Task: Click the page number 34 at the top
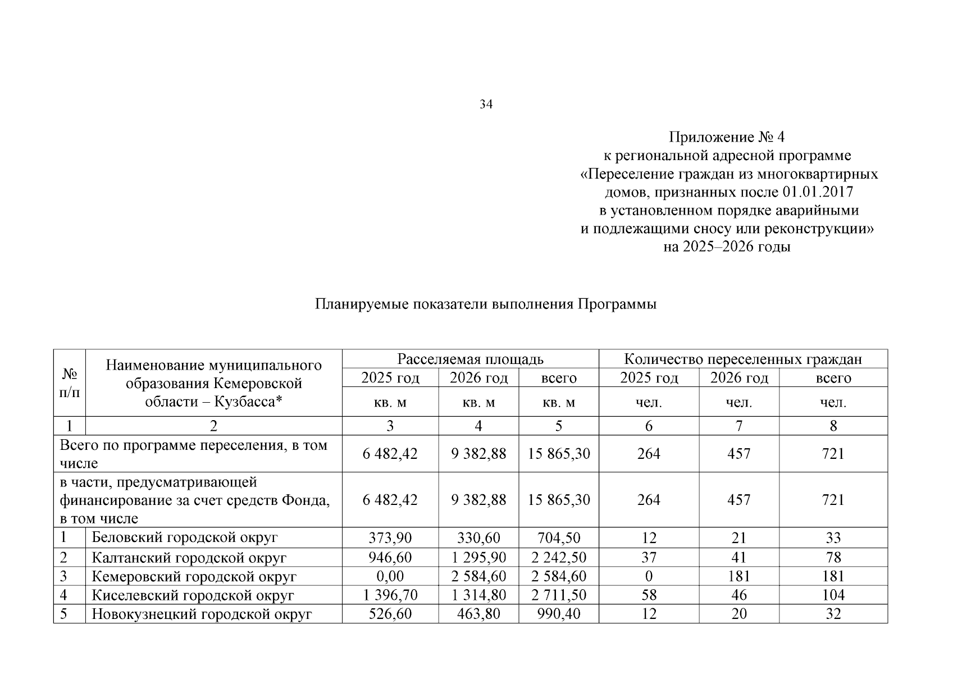486,104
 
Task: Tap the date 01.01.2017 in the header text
817,193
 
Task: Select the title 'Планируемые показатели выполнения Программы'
486,304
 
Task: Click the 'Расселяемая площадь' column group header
470,359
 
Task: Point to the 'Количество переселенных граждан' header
742,359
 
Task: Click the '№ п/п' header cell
69,383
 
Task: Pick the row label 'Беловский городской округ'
185,538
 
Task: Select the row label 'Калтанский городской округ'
189,558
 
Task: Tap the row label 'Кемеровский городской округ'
194,576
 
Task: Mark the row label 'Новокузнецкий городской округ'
202,614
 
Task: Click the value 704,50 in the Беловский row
558,538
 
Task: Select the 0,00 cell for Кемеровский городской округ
390,576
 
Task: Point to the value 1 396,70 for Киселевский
390,595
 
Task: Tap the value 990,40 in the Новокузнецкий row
558,614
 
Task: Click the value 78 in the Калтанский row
833,558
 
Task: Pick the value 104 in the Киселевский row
833,595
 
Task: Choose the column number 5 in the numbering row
558,426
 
